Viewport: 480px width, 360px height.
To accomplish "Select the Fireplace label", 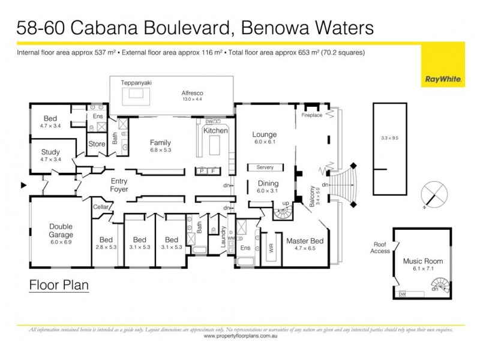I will click(312, 114).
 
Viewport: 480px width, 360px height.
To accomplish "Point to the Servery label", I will click(265, 167).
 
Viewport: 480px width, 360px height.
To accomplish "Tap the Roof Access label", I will click(379, 248).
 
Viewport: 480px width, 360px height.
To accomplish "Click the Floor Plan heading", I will click(59, 284).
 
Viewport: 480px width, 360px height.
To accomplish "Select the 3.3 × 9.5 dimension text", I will click(389, 138).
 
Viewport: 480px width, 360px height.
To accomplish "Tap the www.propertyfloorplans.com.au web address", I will click(240, 337).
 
